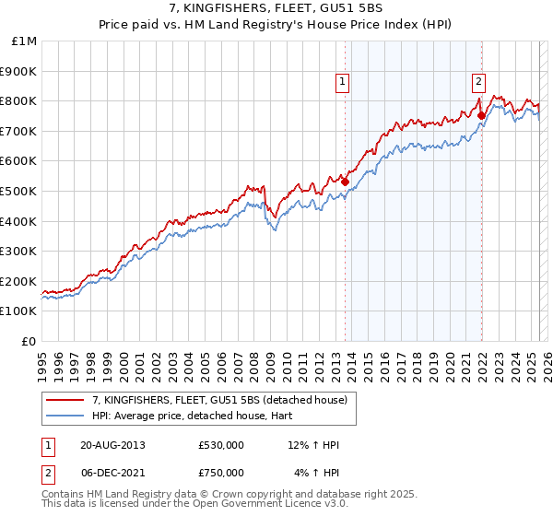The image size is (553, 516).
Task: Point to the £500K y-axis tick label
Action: click(x=19, y=191)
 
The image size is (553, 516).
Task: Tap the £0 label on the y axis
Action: click(x=29, y=341)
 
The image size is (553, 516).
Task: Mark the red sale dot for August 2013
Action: click(x=345, y=182)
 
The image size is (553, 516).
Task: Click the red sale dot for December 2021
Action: click(x=481, y=115)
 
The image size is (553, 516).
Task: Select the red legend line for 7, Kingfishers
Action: click(x=66, y=400)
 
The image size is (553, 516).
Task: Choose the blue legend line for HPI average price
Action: click(x=66, y=416)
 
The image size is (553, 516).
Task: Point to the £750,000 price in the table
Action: click(x=221, y=473)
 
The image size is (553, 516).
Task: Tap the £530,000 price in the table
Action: click(x=221, y=446)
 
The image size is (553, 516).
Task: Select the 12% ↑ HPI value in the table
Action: click(x=313, y=446)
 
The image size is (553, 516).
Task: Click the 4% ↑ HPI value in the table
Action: click(x=316, y=473)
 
